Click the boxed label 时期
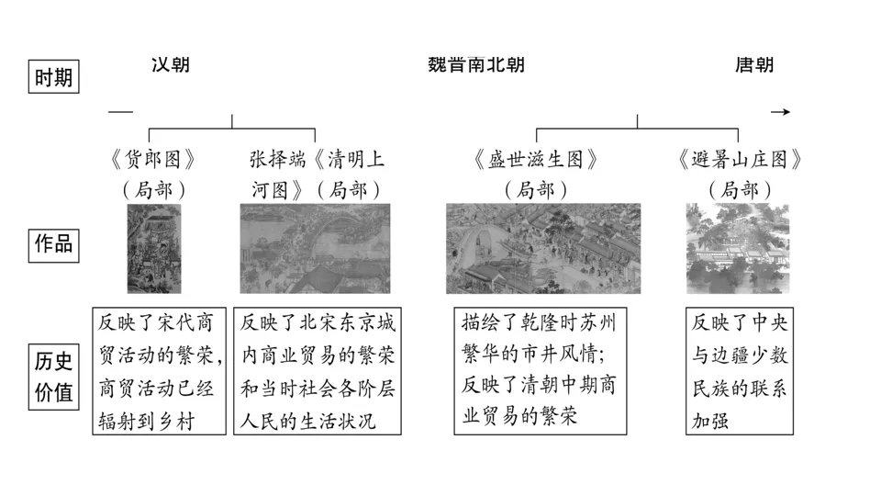point(53,77)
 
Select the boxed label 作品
point(53,245)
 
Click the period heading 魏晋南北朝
point(476,64)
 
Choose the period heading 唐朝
point(754,64)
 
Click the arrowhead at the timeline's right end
point(781,112)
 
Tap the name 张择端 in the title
point(273,159)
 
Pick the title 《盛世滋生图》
point(537,159)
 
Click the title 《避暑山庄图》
point(740,159)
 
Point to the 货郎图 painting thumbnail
point(153,248)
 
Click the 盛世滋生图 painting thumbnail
point(543,248)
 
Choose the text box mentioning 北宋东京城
point(318,371)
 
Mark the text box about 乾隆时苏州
point(541,371)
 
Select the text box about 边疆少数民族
point(740,371)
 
